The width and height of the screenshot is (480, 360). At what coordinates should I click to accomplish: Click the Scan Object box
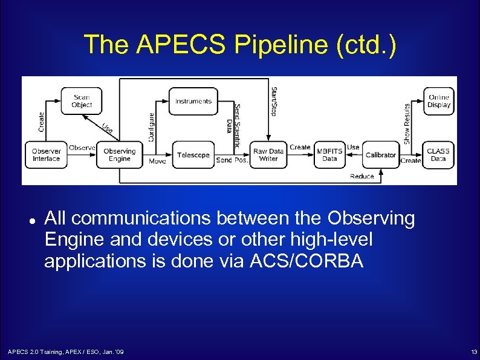point(82,101)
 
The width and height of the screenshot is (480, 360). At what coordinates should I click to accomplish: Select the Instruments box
point(193,101)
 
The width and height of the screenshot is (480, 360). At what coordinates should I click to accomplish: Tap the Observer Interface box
point(47,155)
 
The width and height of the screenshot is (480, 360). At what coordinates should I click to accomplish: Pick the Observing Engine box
point(120,155)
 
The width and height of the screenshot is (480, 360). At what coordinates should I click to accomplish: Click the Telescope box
point(193,155)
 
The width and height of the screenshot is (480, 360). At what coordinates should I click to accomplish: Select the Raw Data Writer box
point(268,155)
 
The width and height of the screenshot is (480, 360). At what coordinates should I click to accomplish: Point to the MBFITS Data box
point(329,155)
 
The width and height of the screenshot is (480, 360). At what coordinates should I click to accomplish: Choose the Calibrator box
point(381,155)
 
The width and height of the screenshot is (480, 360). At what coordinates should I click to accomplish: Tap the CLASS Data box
point(438,155)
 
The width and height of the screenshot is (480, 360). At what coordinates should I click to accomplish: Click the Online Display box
point(439,101)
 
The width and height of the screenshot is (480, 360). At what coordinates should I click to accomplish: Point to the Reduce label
point(362,176)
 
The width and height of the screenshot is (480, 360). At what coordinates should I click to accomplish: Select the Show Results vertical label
point(407,124)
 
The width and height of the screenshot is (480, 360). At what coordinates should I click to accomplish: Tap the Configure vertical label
point(151,127)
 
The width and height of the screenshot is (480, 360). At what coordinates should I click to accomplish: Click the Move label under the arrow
point(157,162)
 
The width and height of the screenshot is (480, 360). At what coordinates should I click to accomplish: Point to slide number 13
point(473,352)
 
